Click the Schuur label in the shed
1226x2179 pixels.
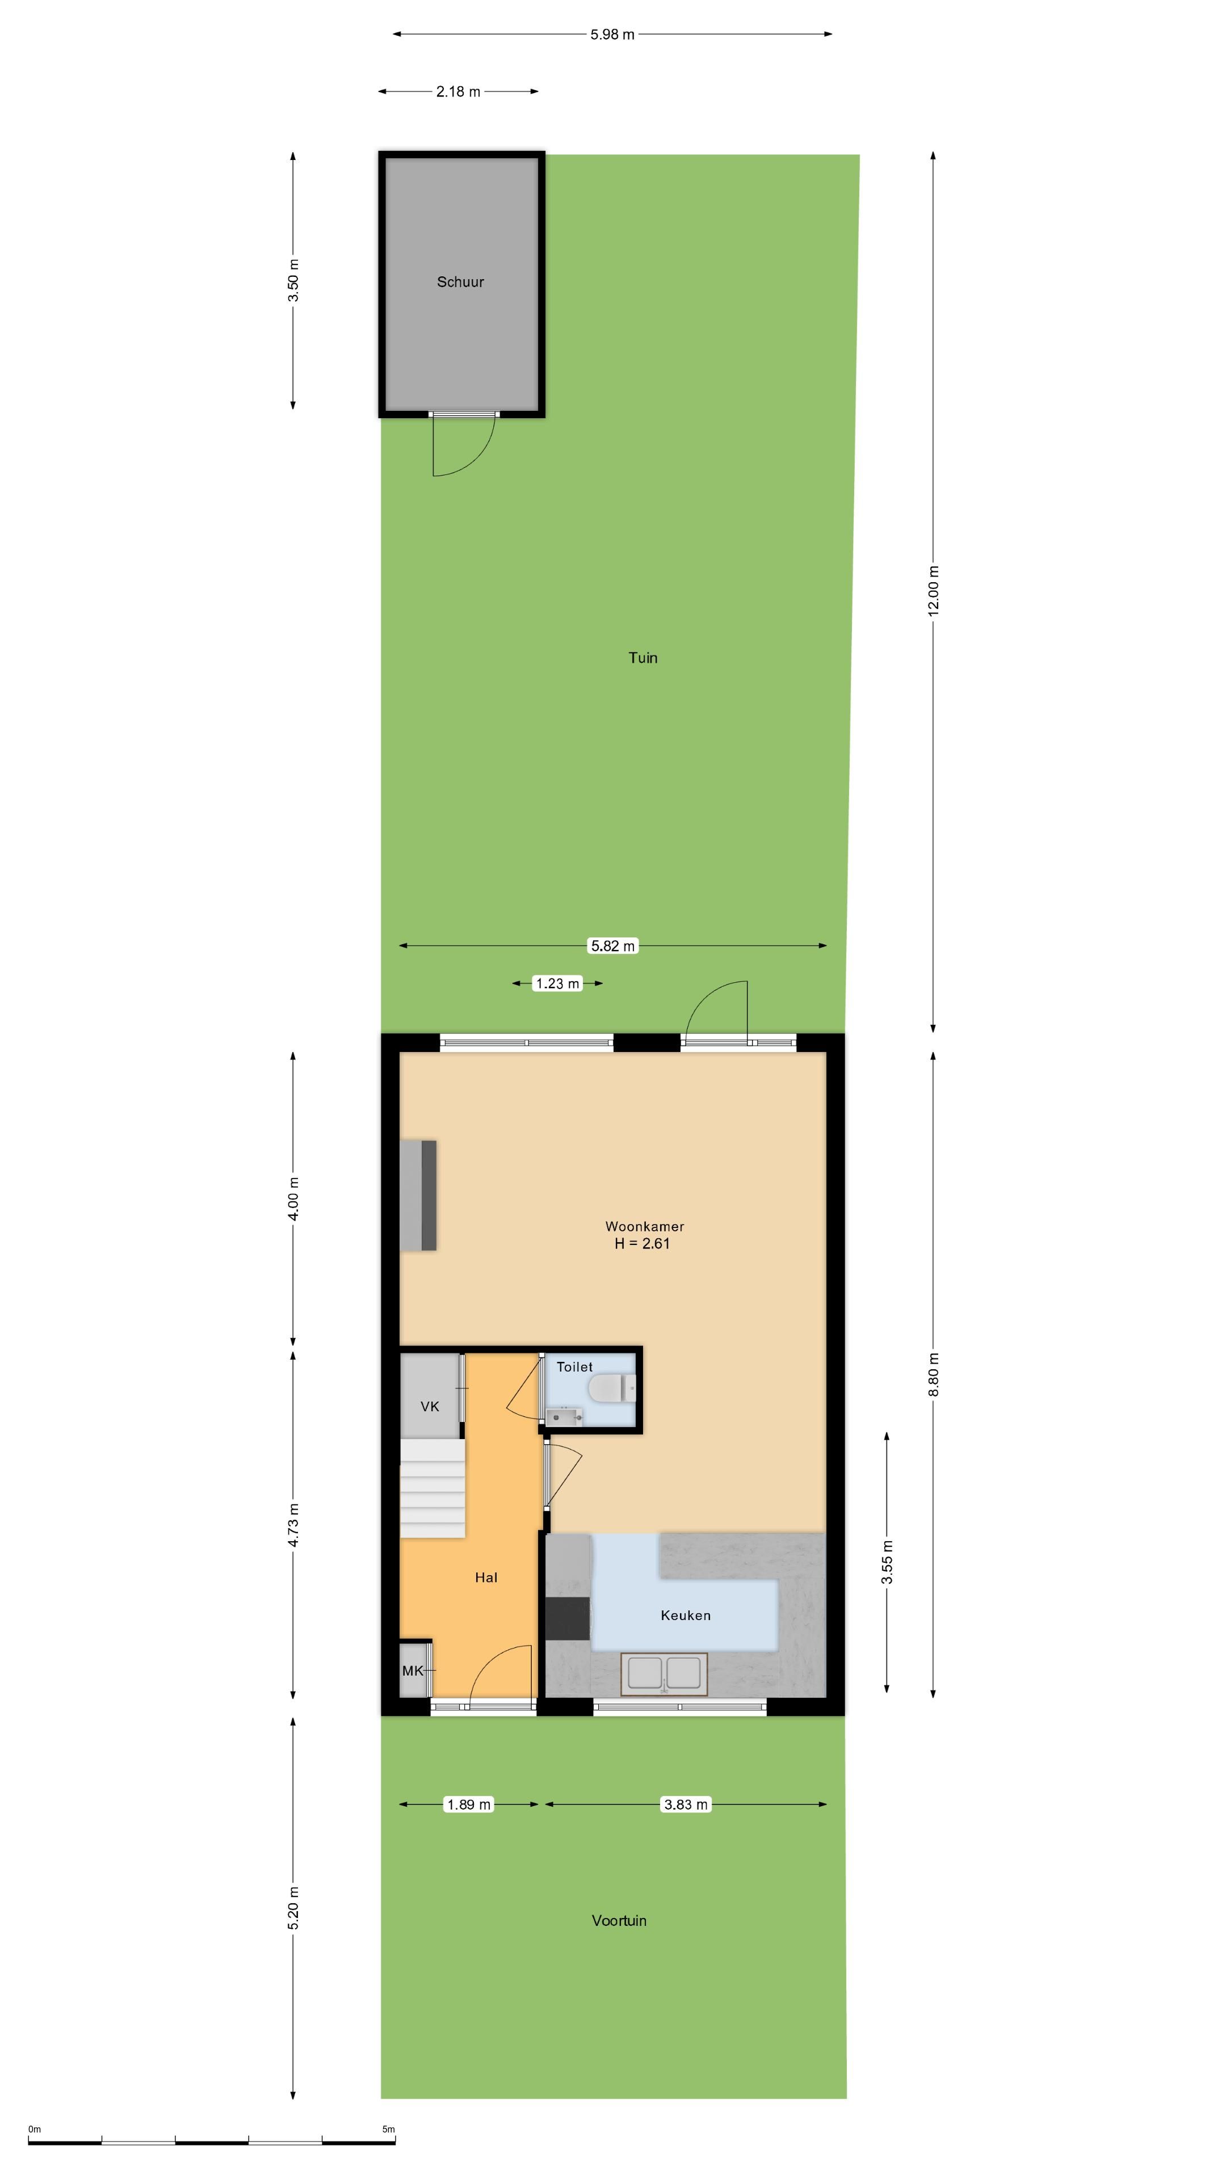pos(460,281)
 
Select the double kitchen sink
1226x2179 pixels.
pos(664,1673)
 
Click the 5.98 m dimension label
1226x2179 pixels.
pos(612,35)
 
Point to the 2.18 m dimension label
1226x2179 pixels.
pos(457,91)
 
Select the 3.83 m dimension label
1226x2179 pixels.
pos(685,1804)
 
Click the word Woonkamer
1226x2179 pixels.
pos(645,1226)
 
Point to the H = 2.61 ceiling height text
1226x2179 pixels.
pos(642,1243)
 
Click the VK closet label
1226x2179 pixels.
pos(430,1407)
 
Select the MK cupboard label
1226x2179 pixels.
pos(413,1671)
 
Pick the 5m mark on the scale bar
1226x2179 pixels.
pos(388,2129)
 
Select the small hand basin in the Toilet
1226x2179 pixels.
pos(562,1416)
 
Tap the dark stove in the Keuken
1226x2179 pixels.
pos(568,1617)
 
